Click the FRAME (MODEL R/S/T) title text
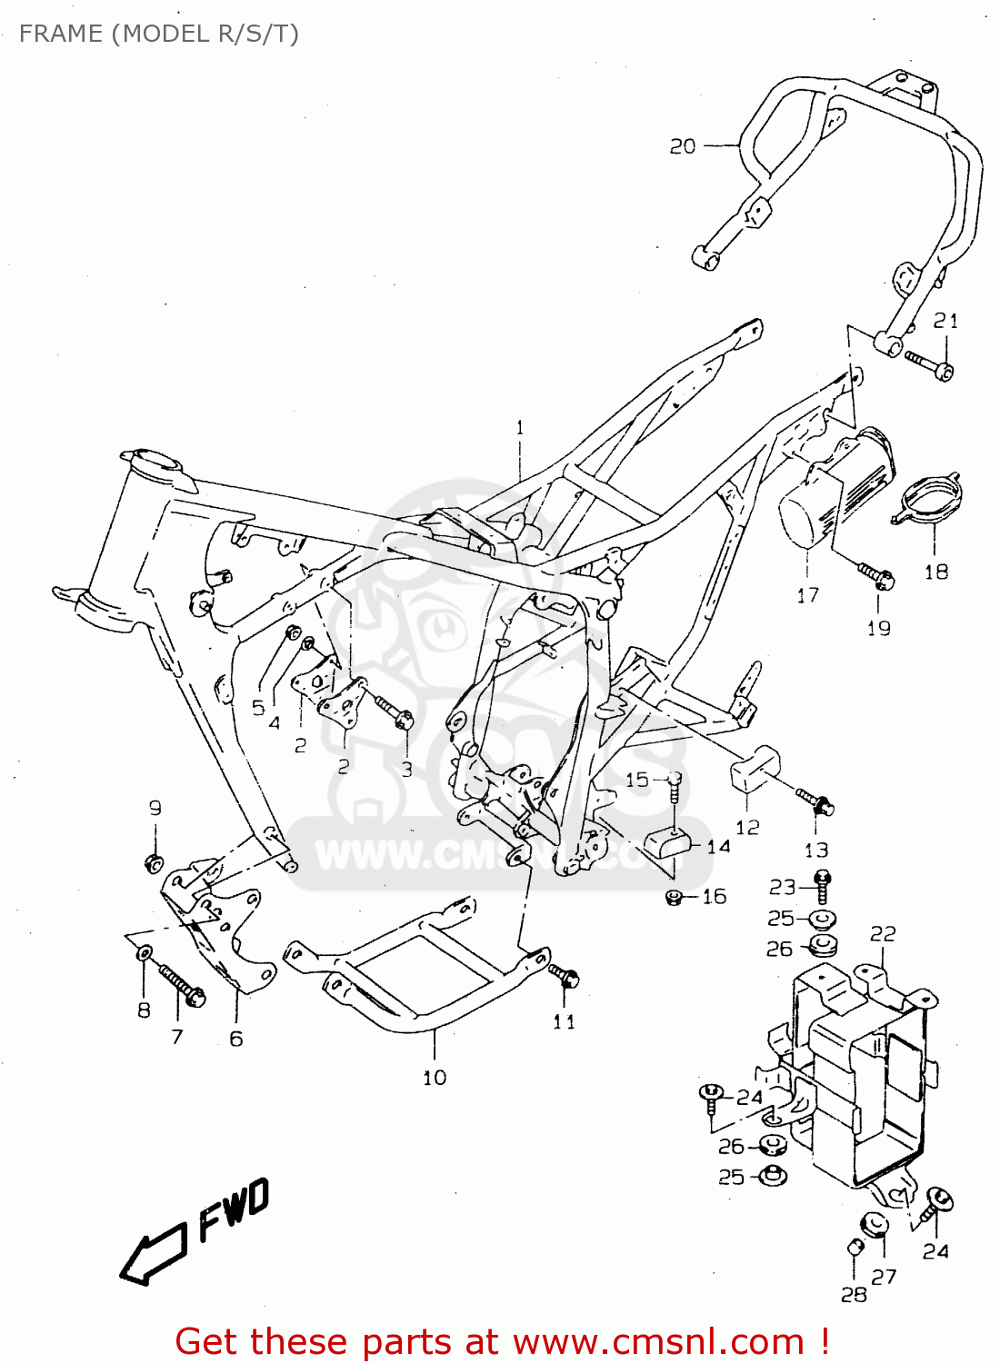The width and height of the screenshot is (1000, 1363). [158, 34]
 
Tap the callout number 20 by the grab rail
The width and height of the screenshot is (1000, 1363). [683, 146]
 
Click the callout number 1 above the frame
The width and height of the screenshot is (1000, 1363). [520, 427]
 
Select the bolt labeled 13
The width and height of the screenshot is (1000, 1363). [815, 801]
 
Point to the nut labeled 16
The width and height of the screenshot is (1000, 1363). [674, 898]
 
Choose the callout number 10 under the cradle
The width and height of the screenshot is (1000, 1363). [435, 1078]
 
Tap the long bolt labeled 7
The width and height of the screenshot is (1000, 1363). [183, 987]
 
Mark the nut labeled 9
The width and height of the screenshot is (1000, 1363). [155, 861]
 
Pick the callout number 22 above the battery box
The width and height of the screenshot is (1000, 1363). [883, 934]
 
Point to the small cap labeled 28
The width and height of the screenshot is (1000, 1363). [855, 1248]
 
